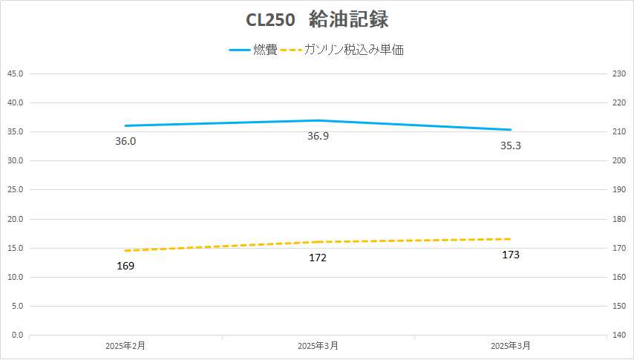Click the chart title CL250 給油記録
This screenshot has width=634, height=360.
(317, 19)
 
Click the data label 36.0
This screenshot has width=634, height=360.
(125, 141)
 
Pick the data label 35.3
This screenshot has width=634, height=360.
(510, 145)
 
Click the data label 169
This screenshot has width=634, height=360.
(125, 265)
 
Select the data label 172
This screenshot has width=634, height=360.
(318, 258)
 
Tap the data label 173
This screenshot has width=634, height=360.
(510, 255)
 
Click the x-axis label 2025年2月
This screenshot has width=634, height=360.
(125, 346)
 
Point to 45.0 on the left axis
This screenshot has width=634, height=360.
(15, 73)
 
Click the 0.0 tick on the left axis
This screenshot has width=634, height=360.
(17, 336)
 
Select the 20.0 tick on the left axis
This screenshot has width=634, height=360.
(15, 219)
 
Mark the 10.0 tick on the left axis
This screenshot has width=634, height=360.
(15, 278)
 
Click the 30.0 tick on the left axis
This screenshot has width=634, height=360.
(15, 161)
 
